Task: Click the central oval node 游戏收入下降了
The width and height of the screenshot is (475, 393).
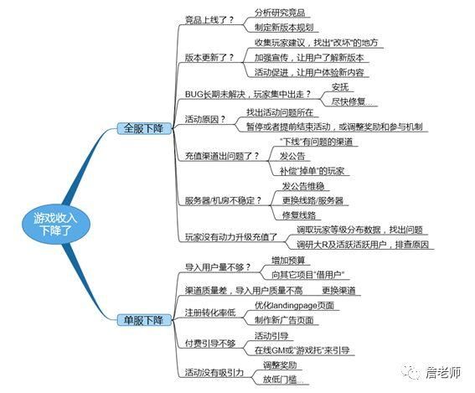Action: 56,224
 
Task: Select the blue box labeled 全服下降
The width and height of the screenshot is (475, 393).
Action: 144,128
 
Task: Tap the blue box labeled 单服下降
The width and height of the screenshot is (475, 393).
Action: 144,320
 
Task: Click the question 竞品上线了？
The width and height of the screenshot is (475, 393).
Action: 209,20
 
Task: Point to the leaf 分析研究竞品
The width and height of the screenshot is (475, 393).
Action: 280,13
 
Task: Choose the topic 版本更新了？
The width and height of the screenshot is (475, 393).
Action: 209,58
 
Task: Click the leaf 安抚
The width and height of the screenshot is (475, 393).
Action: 340,87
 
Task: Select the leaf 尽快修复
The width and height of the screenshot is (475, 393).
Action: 351,101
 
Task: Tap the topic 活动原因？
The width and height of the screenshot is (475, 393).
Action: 205,119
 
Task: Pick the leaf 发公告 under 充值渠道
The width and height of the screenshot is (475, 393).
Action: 292,156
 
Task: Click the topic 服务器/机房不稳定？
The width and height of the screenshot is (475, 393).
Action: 223,200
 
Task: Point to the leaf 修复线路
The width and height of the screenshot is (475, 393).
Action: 299,215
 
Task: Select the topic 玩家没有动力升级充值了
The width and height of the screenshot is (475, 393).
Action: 231,237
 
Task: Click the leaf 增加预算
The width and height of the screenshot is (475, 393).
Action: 288,260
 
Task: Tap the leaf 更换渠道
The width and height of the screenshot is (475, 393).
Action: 338,290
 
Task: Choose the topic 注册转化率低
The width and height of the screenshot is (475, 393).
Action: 210,313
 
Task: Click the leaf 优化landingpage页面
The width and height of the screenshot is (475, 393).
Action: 294,305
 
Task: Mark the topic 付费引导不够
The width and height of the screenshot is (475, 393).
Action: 210,343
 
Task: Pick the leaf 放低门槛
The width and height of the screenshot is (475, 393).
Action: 282,379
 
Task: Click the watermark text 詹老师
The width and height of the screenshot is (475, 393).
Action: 443,372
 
